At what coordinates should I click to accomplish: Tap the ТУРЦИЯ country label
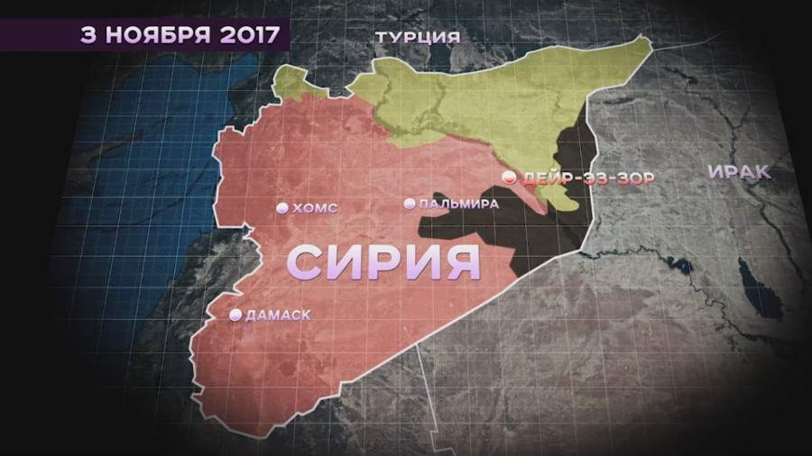(x=418, y=38)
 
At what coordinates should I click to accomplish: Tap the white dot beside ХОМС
(x=282, y=208)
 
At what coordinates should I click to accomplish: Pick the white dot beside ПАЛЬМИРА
(x=411, y=204)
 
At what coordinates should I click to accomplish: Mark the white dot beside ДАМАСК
(x=235, y=315)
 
